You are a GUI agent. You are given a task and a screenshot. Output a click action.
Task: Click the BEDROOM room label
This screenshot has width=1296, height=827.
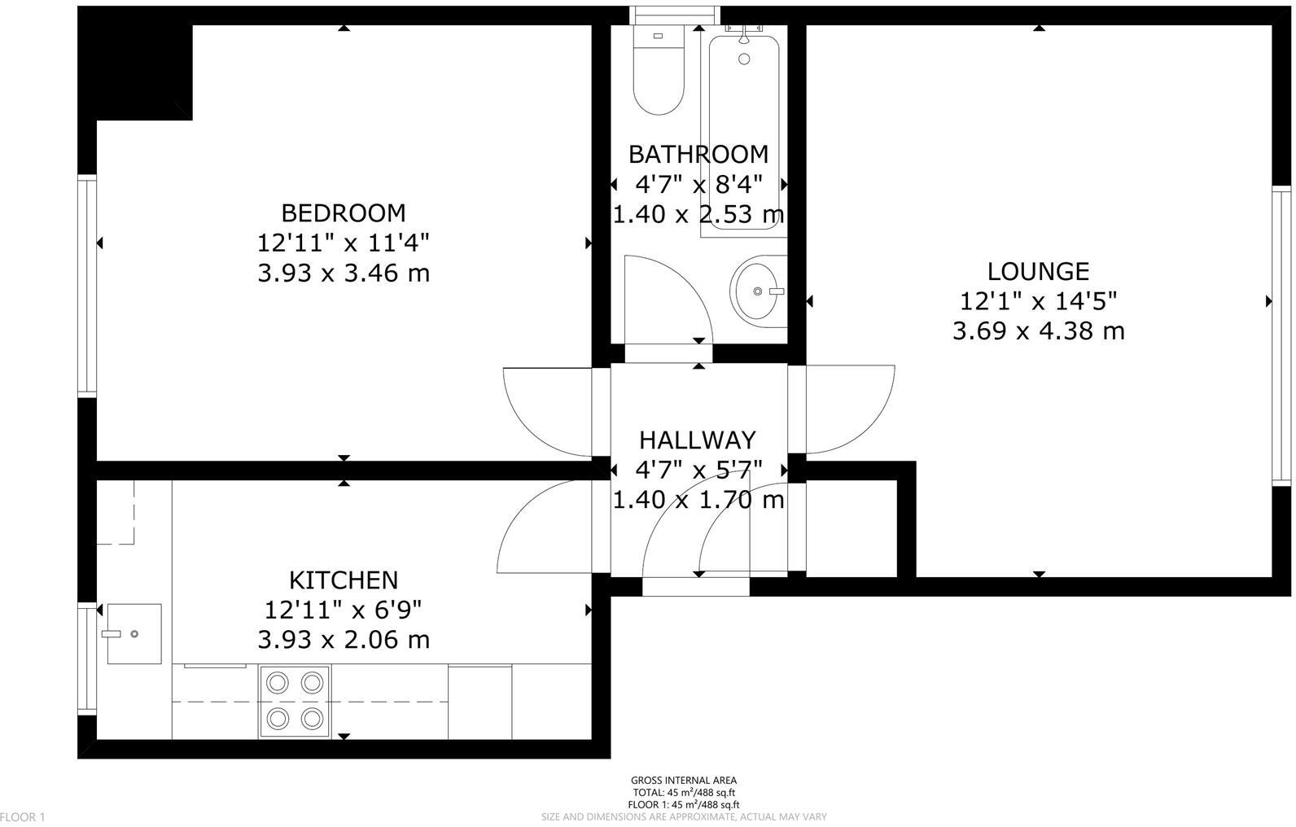click(x=343, y=213)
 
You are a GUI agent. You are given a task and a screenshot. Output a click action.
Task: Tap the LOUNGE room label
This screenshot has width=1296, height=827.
click(x=1038, y=271)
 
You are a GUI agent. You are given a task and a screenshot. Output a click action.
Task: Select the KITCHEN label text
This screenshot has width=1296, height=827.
click(x=344, y=580)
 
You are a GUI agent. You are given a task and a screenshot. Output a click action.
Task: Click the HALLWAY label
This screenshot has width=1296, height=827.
click(x=698, y=440)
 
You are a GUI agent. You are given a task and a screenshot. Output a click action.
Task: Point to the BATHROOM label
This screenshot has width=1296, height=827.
click(x=698, y=154)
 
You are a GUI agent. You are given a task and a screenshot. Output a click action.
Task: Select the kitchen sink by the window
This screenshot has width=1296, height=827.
click(x=134, y=633)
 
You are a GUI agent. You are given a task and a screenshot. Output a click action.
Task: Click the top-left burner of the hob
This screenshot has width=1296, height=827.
click(x=278, y=682)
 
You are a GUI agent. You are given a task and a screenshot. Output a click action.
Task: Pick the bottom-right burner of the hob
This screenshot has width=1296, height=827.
click(x=311, y=718)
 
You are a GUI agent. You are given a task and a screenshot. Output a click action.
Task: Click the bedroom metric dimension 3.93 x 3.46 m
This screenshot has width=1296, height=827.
click(x=343, y=273)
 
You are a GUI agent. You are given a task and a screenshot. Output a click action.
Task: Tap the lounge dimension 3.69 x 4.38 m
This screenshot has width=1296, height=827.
click(x=1038, y=331)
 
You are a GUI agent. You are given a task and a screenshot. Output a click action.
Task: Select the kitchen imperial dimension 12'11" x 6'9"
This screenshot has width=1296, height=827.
click(x=343, y=610)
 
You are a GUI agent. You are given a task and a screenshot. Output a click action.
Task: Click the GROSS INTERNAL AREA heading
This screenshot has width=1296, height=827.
click(x=683, y=781)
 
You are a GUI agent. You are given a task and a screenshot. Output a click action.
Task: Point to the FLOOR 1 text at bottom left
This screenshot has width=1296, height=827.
click(x=23, y=816)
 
